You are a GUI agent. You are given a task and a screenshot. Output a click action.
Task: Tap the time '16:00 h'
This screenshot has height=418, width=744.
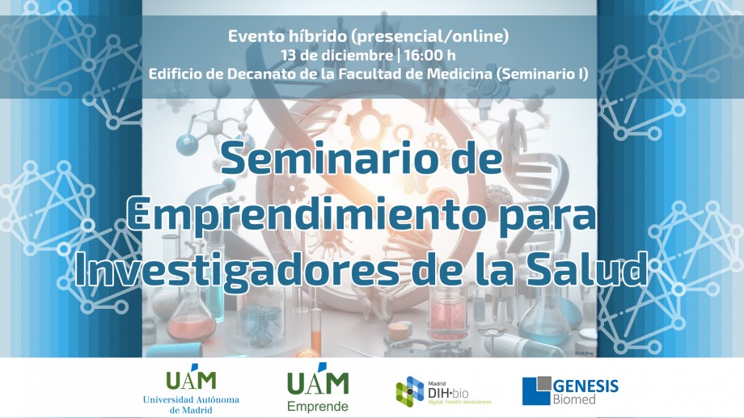[430, 55]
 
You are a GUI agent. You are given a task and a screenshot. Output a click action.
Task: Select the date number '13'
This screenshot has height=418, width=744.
[289, 55]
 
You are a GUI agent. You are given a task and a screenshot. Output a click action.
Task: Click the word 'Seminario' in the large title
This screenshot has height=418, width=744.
[328, 158]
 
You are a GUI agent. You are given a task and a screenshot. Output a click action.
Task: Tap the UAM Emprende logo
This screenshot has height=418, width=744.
[318, 387]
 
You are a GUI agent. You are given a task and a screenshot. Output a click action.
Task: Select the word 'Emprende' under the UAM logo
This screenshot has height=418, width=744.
[318, 406]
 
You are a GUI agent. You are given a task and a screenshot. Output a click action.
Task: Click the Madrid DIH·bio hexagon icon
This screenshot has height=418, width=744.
[410, 391]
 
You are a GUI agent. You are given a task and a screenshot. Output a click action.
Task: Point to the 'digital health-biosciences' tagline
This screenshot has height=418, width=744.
[460, 402]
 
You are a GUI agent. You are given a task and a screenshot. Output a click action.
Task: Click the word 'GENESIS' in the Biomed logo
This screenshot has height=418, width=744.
[585, 386]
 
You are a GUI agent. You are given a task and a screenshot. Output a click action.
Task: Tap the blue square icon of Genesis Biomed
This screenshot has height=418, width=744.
[537, 391]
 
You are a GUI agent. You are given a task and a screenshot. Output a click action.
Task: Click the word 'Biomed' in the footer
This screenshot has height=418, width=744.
[573, 399]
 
